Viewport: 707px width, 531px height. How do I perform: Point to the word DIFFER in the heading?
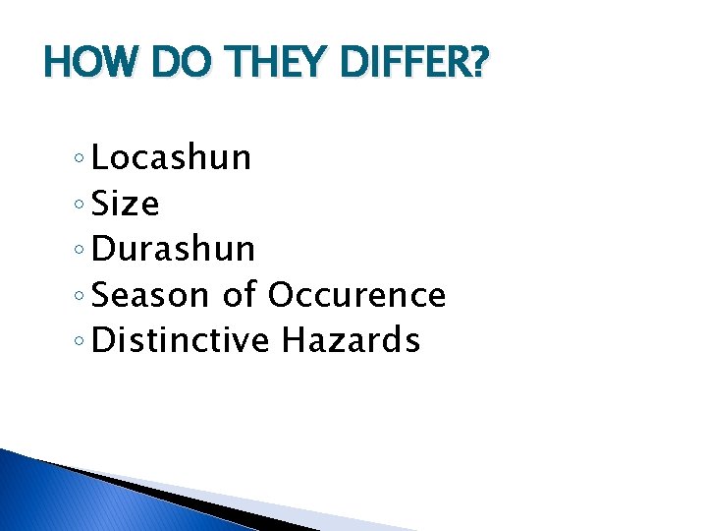point(403,66)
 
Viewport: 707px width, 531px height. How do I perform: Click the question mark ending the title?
point(478,66)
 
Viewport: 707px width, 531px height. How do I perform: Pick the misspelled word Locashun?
point(172,157)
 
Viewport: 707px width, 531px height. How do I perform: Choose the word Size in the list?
point(125,204)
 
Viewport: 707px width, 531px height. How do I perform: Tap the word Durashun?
point(173,249)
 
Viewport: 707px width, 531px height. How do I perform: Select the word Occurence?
point(356,295)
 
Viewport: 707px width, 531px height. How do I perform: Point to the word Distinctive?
point(180,340)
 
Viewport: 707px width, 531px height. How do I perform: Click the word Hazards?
point(352,340)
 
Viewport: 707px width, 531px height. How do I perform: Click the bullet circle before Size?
point(79,206)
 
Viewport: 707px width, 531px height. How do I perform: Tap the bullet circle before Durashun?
point(79,252)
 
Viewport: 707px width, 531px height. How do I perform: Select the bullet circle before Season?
point(79,297)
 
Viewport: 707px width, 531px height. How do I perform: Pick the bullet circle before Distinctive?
point(79,343)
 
